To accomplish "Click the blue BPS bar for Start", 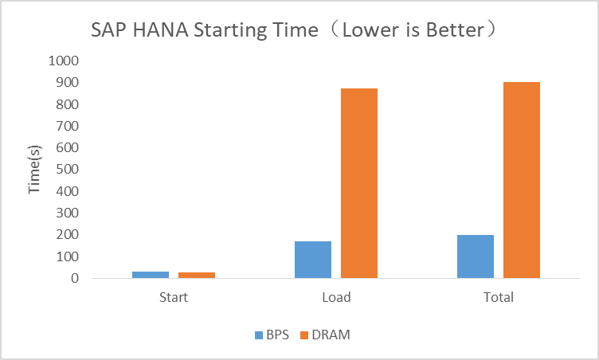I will (151, 275).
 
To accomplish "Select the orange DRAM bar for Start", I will (197, 275).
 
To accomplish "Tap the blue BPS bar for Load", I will (313, 260).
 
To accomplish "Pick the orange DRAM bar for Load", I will (359, 183).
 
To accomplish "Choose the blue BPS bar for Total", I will (476, 256).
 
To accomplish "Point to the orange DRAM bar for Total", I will (522, 180).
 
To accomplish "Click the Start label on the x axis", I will (174, 298).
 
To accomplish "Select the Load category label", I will (336, 298).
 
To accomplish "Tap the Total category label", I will (499, 298).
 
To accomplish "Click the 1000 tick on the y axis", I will (63, 61).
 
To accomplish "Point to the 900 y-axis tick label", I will (66, 83).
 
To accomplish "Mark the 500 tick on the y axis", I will (66, 170).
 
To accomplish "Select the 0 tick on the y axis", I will (74, 279).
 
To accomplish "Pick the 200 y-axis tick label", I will (66, 235).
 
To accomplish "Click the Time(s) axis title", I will (34, 170).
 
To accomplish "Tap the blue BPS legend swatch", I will (259, 335).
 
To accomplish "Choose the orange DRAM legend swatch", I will (304, 335).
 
